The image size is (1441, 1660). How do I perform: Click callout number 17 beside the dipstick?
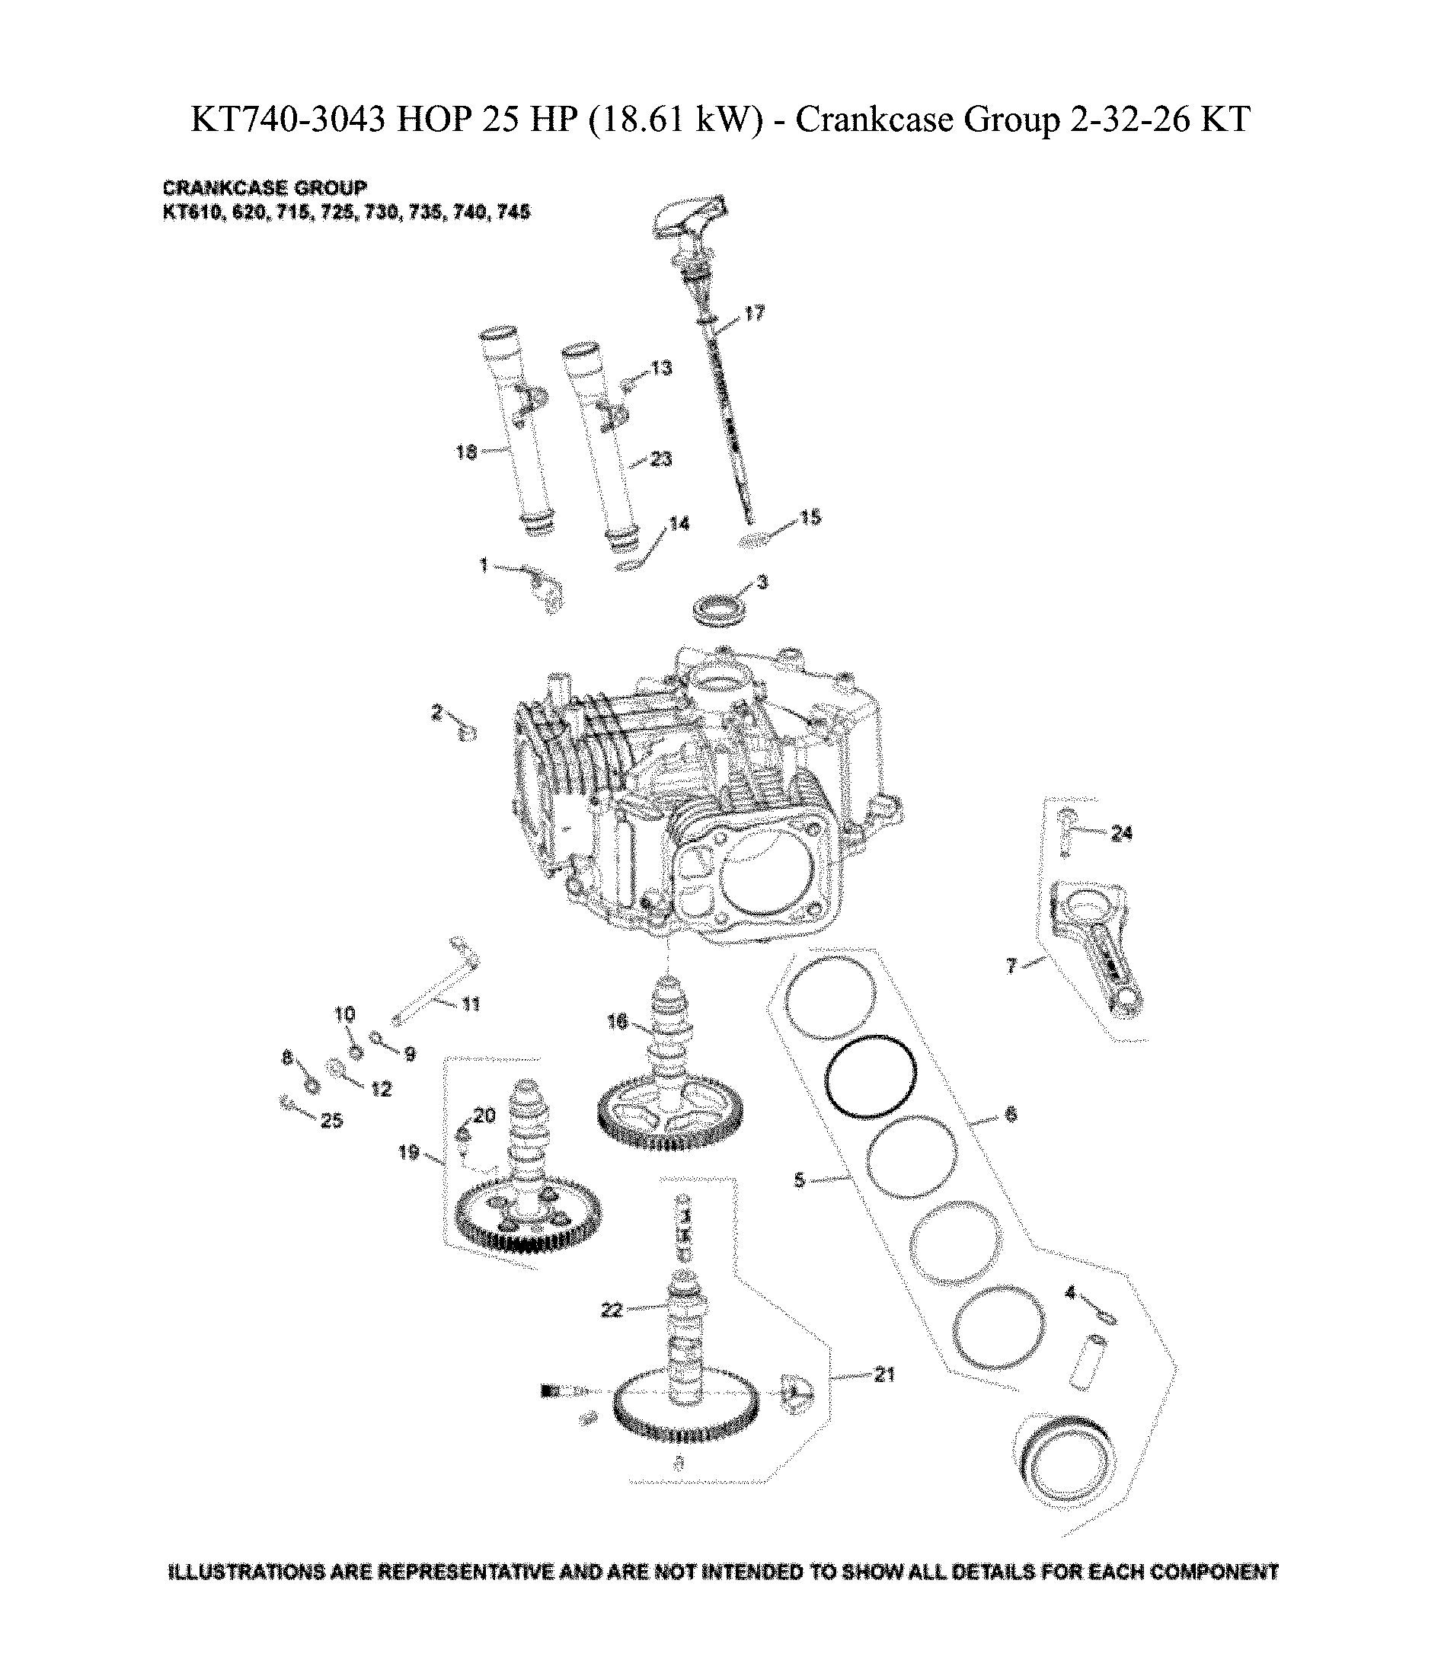pyautogui.click(x=754, y=314)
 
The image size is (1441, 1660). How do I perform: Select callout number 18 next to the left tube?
pyautogui.click(x=466, y=452)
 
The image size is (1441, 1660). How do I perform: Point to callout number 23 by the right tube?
pyautogui.click(x=661, y=459)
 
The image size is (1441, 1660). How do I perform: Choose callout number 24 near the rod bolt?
pyautogui.click(x=1121, y=834)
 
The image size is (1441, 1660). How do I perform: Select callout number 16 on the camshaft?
pyautogui.click(x=617, y=1023)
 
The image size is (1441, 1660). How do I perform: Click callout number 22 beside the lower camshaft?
pyautogui.click(x=611, y=1310)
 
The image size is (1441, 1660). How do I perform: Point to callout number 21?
pyautogui.click(x=883, y=1375)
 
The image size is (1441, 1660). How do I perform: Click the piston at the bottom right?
pyautogui.click(x=1063, y=1462)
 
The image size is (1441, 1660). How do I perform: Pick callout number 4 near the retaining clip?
pyautogui.click(x=1069, y=1294)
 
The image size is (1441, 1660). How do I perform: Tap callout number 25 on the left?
pyautogui.click(x=332, y=1121)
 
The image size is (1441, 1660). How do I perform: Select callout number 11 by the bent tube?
pyautogui.click(x=471, y=1004)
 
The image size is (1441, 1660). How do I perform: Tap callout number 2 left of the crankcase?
pyautogui.click(x=436, y=712)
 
